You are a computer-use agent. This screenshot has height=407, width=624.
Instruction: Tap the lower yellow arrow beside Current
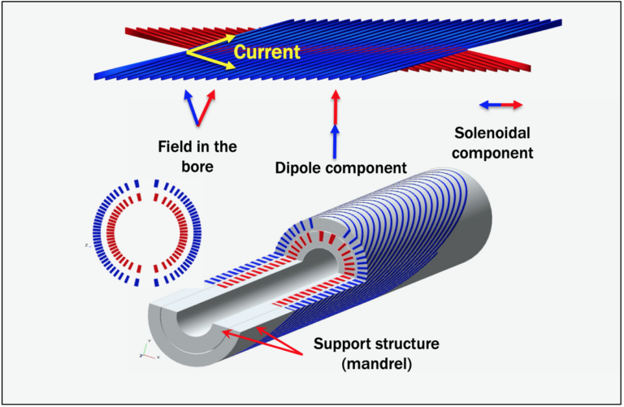[x=210, y=63]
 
